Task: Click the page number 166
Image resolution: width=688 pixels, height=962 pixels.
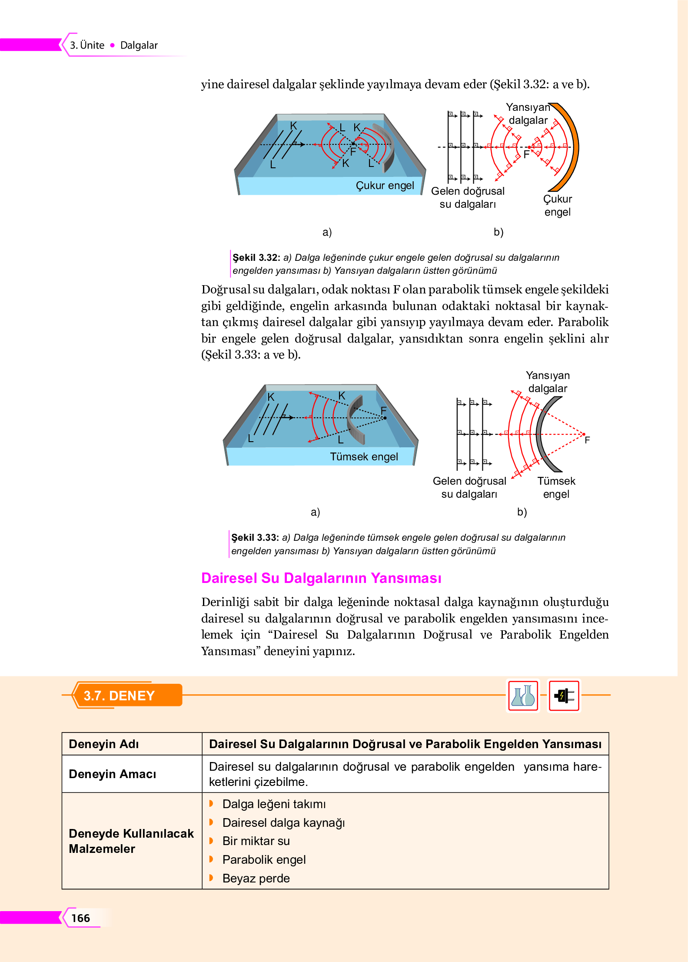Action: coord(80,918)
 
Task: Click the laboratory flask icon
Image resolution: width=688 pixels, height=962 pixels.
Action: coord(523,696)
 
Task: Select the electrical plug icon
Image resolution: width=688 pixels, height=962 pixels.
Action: coord(564,696)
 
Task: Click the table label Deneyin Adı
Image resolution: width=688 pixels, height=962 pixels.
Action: coord(104,744)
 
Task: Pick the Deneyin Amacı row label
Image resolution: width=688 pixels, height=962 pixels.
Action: coord(113,774)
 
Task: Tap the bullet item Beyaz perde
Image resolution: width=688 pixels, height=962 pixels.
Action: coord(256,878)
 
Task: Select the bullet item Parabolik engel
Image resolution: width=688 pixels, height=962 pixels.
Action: coord(264,859)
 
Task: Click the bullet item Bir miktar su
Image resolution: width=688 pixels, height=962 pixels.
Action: coord(256,841)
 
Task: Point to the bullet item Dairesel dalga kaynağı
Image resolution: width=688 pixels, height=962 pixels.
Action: coord(283,822)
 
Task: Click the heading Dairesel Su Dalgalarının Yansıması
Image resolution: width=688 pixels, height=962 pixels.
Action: coord(321,578)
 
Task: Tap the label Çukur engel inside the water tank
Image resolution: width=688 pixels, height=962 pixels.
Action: coord(385,186)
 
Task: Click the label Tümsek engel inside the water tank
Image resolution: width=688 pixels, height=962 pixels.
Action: coord(364,456)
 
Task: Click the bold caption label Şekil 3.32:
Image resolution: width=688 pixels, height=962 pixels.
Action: coord(256,257)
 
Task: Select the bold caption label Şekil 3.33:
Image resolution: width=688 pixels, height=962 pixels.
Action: coord(255,537)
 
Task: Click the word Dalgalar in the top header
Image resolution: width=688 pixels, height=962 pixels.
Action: coord(139,45)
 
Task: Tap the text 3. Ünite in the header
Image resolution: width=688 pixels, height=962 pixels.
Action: coord(87,45)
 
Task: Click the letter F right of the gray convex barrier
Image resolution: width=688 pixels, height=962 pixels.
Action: coord(587,440)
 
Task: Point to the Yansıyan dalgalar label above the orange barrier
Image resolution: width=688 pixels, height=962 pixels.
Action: coord(528,113)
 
